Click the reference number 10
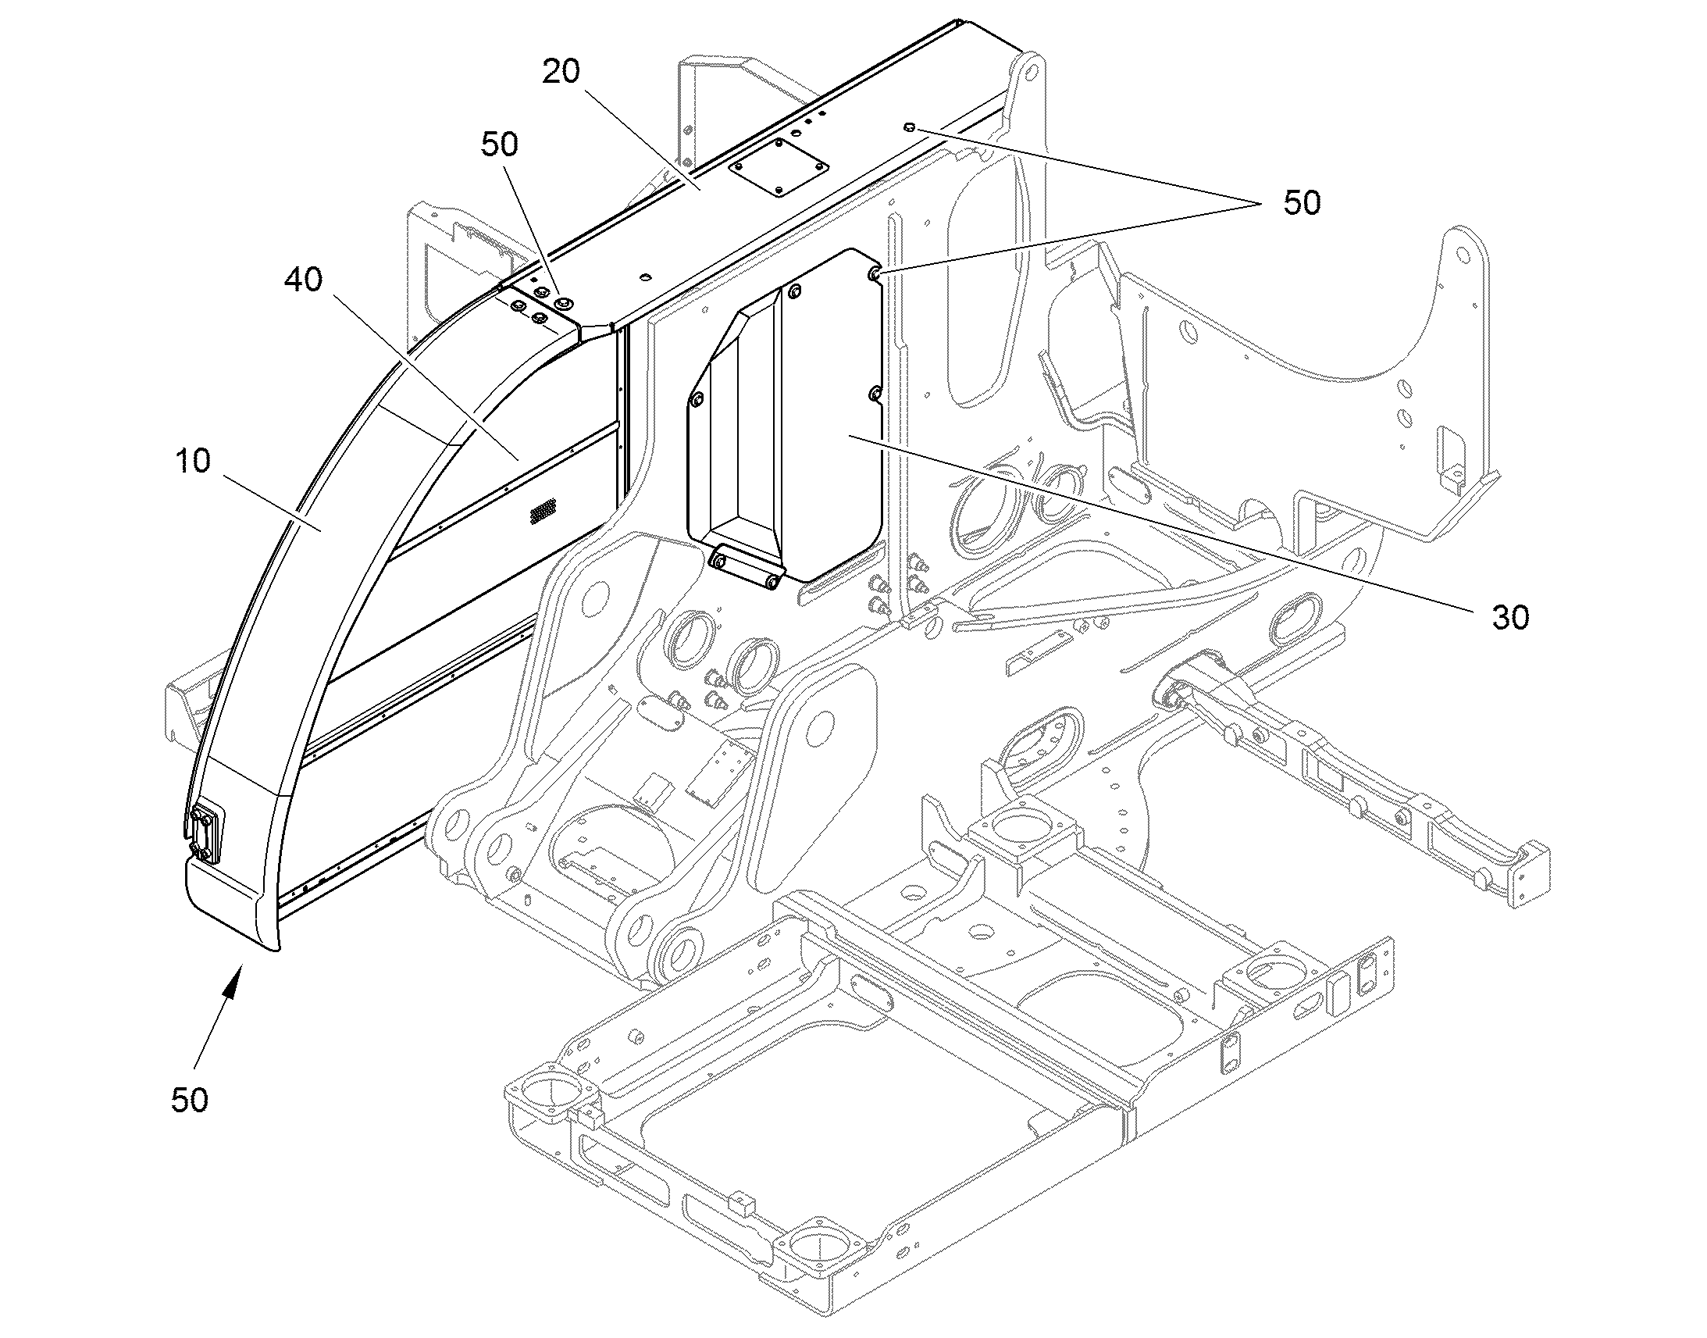[193, 461]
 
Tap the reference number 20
[561, 71]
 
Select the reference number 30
[1510, 618]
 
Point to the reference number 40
[304, 280]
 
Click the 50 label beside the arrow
[190, 1101]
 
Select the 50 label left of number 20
[500, 145]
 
